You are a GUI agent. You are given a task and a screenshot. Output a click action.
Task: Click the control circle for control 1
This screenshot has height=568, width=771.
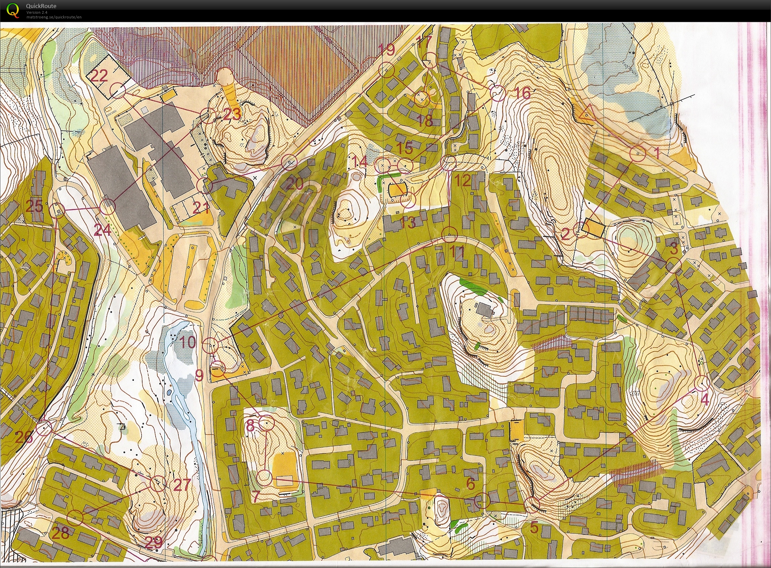(x=638, y=154)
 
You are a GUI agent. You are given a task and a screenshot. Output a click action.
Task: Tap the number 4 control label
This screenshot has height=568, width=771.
(x=704, y=400)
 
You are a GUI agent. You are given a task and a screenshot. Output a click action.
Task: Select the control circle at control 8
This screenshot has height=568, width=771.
(x=267, y=423)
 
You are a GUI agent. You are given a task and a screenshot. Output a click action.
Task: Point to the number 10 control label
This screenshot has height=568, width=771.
(x=188, y=342)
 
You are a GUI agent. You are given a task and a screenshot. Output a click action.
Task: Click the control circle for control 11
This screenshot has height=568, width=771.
(x=449, y=236)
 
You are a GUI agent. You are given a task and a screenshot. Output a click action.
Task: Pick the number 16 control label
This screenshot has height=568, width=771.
(x=523, y=92)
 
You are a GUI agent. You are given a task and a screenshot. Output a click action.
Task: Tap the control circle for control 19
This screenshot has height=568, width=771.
(x=386, y=70)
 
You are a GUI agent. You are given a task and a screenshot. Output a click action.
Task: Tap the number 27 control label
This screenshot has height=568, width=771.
(x=182, y=485)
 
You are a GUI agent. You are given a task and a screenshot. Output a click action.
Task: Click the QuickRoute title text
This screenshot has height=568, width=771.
(x=41, y=6)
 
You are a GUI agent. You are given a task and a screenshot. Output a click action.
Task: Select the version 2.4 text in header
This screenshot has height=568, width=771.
(x=37, y=12)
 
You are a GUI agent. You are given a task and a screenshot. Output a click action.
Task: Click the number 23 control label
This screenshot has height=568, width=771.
(x=232, y=115)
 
